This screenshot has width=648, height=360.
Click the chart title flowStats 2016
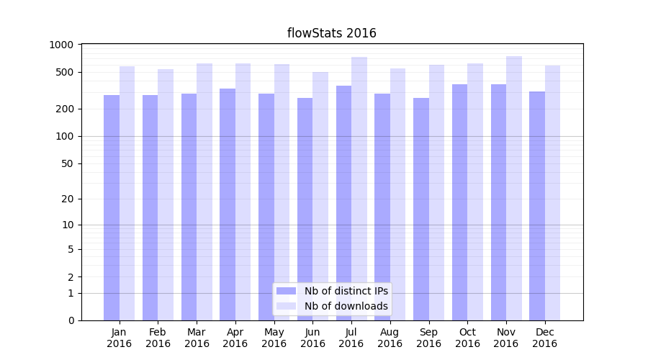click(331, 33)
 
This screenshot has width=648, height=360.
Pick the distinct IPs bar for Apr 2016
click(228, 204)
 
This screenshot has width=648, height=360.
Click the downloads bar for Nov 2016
click(514, 188)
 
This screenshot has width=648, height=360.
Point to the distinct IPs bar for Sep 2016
click(421, 209)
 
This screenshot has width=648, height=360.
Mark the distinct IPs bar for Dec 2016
click(537, 206)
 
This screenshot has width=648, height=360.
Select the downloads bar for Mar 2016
click(204, 192)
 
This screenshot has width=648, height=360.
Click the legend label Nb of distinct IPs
click(346, 291)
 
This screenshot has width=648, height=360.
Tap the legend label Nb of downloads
click(346, 306)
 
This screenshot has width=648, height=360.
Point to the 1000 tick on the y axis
click(61, 45)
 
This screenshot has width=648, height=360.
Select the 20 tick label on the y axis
click(67, 199)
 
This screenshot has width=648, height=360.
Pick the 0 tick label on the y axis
click(71, 320)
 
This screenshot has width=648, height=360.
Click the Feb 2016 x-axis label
click(158, 338)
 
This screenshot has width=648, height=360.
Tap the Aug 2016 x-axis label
click(390, 338)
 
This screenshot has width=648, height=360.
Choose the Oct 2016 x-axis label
click(467, 338)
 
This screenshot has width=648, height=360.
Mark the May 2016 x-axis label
click(274, 338)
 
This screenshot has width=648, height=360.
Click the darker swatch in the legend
click(286, 291)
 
